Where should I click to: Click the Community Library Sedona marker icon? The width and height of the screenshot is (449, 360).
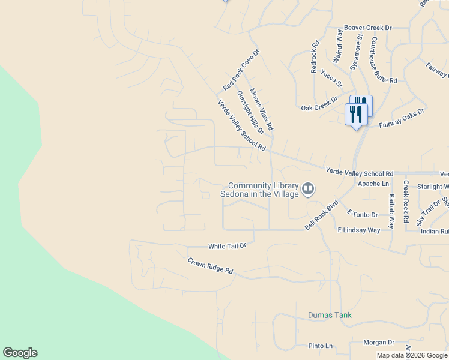click(308, 190)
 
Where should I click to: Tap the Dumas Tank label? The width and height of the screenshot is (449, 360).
click(330, 315)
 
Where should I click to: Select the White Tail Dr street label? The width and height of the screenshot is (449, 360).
click(228, 246)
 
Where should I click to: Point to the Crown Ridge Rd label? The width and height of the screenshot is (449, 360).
click(210, 266)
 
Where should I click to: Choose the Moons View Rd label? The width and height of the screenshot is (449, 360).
click(261, 110)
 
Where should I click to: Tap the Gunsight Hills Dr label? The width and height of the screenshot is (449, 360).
click(250, 113)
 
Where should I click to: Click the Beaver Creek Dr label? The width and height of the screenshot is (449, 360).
click(367, 28)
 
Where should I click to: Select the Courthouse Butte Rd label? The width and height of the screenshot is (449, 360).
click(384, 59)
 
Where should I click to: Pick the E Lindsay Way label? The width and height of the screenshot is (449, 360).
click(359, 230)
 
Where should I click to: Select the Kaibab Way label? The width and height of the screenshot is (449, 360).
click(391, 211)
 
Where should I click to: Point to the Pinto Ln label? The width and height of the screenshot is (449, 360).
click(320, 346)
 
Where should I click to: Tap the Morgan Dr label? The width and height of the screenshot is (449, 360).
click(378, 343)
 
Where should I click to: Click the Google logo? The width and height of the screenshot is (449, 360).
click(20, 353)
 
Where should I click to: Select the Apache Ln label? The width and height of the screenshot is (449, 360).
click(373, 184)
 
